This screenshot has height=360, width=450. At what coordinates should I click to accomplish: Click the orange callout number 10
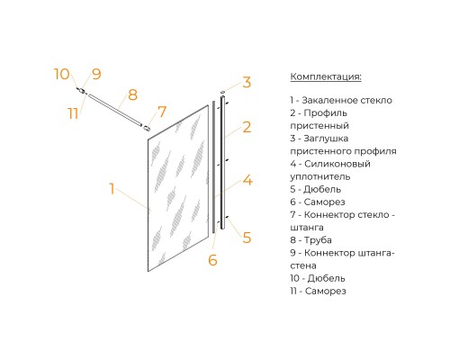[x=62, y=74]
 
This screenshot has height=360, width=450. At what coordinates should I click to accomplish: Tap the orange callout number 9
[x=96, y=74]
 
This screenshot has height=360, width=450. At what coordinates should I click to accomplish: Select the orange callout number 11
[x=73, y=113]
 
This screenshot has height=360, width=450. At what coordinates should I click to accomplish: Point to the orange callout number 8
[x=132, y=94]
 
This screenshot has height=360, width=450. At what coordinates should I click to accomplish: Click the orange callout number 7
[x=162, y=112]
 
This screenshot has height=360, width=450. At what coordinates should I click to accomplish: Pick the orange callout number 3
[x=247, y=82]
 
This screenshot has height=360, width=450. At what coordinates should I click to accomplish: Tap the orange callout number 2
[x=247, y=127]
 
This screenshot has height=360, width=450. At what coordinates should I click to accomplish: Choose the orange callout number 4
[x=247, y=180]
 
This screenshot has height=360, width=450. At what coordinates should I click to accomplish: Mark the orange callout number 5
[x=247, y=238]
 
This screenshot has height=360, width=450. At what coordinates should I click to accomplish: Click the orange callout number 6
[x=212, y=260]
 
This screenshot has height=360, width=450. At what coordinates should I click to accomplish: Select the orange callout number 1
[x=112, y=189]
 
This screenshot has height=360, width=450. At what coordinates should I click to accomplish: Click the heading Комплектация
[x=326, y=76]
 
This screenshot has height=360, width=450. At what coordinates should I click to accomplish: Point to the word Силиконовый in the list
[x=337, y=164]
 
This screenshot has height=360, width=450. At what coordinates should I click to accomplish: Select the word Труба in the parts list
[x=318, y=240]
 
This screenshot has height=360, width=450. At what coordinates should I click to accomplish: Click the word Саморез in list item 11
[x=326, y=291]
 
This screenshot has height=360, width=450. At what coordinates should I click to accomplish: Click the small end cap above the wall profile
[x=222, y=92]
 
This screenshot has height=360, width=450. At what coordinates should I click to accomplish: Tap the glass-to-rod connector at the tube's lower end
[x=147, y=128]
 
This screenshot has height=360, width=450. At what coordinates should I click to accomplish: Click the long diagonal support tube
[x=114, y=110]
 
